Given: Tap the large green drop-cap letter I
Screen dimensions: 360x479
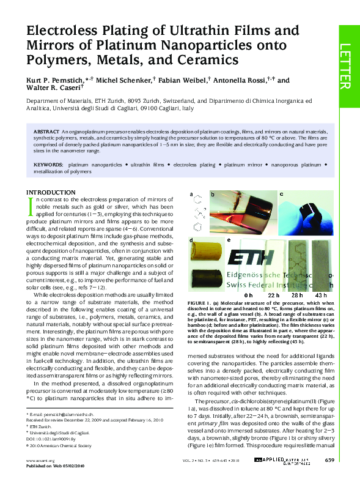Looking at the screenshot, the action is click(x=31, y=207).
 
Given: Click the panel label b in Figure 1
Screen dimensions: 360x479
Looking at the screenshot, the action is click(x=212, y=194).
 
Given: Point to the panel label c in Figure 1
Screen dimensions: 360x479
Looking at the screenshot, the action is click(x=281, y=194).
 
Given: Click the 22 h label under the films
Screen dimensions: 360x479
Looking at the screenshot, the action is click(x=273, y=294).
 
